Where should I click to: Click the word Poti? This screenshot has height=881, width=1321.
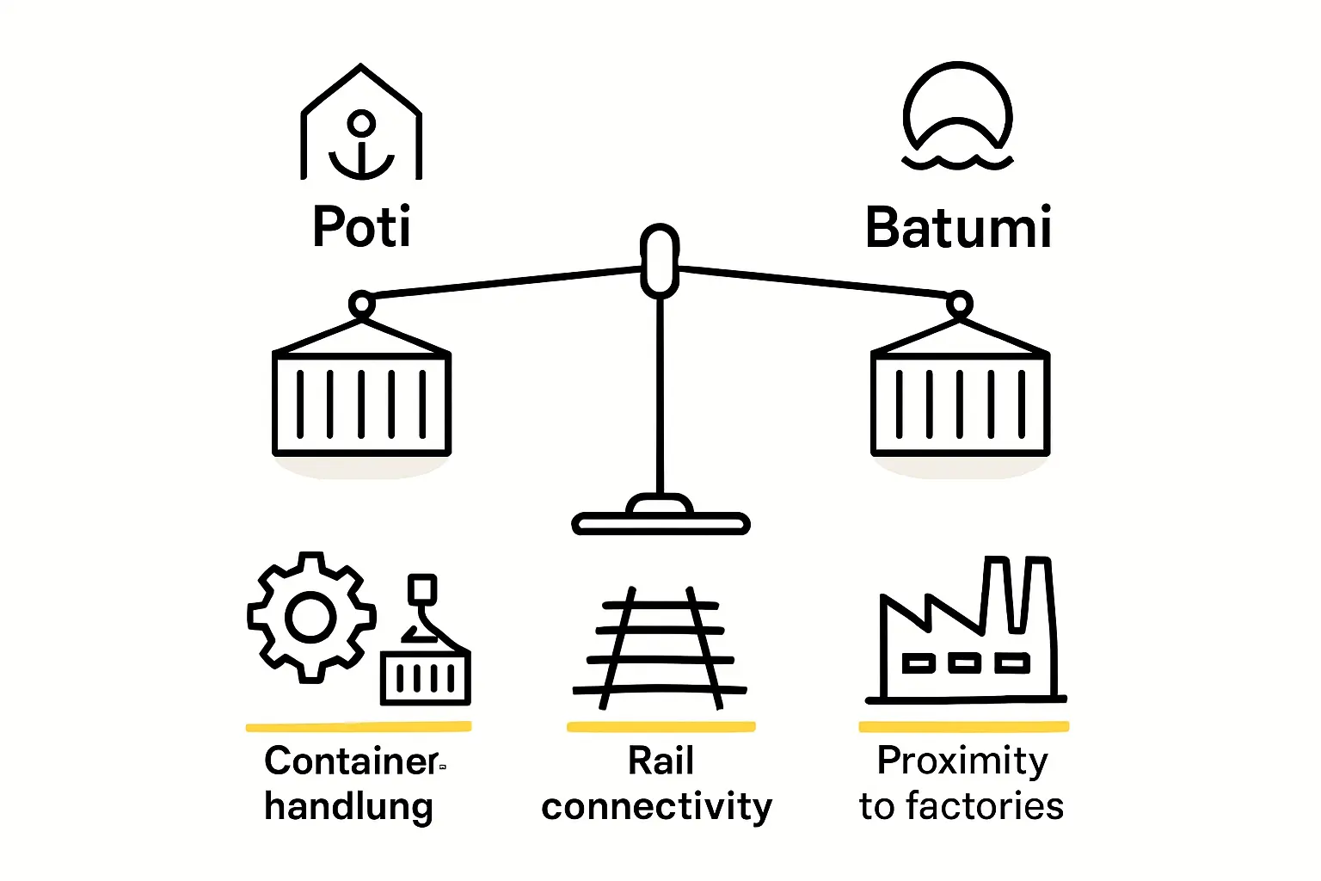pos(361,226)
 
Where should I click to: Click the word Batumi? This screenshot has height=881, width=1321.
pos(958,228)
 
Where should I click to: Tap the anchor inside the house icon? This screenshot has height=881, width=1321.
pos(361,145)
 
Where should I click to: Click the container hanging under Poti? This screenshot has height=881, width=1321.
pos(361,403)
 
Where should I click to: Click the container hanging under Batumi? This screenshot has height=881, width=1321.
pos(960,403)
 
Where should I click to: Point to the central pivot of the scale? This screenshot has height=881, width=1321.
pos(660,261)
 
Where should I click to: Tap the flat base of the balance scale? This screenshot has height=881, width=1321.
pos(660,522)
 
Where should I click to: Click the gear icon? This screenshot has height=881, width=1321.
pos(310,617)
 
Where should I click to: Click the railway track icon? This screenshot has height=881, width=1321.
pos(660,647)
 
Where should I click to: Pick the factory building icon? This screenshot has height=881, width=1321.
pos(965,641)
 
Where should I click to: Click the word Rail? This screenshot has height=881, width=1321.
pos(660,761)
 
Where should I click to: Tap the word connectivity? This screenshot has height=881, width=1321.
pos(657,807)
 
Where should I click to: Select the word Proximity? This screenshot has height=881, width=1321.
pos(962,761)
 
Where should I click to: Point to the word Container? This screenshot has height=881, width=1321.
pos(352,761)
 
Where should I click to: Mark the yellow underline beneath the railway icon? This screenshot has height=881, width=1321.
pos(660,727)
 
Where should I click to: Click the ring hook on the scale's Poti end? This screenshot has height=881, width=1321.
pos(361,304)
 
